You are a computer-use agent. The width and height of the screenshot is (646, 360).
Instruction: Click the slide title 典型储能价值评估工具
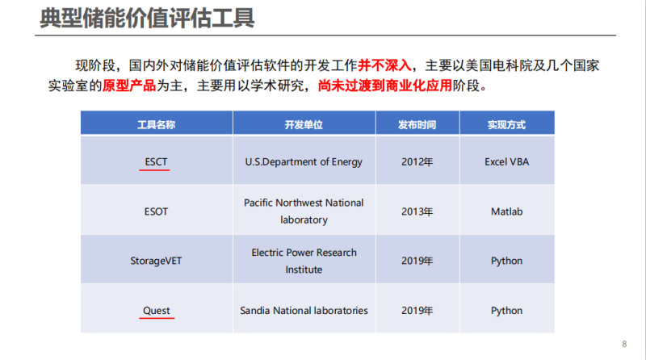147,18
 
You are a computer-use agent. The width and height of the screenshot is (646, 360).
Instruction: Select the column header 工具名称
156,125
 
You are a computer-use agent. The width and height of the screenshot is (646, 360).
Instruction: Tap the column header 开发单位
304,125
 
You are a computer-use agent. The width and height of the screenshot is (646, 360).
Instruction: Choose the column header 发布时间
417,125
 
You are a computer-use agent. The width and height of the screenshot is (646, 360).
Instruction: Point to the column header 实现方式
506,125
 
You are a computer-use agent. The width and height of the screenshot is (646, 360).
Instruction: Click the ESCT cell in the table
156,162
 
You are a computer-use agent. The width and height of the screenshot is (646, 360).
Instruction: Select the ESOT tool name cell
156,211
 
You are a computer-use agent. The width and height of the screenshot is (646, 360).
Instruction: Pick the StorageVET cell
156,261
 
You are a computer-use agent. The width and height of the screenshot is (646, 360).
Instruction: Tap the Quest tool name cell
156,311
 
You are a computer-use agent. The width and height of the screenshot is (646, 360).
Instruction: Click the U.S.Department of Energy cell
304,162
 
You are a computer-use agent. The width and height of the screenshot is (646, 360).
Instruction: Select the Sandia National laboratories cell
304,311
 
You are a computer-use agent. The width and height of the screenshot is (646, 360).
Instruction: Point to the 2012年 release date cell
417,162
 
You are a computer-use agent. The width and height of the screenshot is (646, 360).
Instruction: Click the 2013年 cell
417,211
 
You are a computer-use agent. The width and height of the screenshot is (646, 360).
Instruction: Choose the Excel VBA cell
506,162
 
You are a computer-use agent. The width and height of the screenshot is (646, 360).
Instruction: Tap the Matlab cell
506,211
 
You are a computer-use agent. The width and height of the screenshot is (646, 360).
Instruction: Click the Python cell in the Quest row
506,311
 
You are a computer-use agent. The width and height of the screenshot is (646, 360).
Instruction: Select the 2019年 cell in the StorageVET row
417,261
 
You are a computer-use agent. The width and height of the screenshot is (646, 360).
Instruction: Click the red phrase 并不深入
384,65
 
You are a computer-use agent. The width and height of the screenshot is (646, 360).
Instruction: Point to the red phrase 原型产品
129,86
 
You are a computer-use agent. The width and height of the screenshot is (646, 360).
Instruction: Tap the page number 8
624,344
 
